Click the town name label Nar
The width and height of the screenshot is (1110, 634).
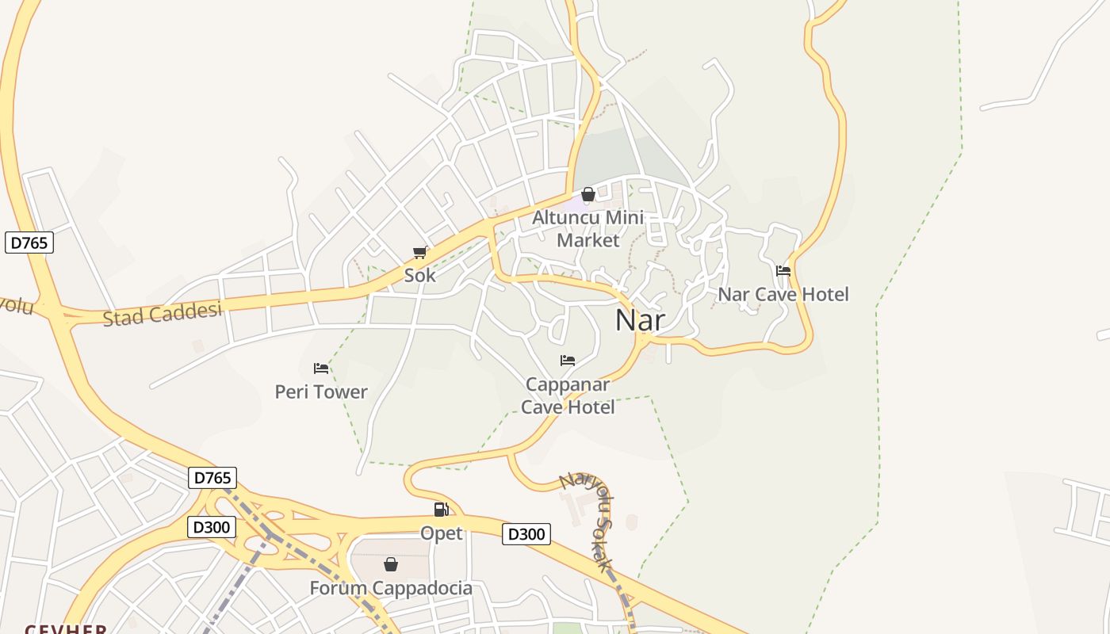coord(640,320)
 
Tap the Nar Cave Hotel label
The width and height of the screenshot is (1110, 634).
coord(783,294)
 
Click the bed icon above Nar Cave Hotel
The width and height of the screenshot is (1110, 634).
coord(783,271)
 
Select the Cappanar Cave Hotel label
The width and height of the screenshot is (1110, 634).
coord(568,395)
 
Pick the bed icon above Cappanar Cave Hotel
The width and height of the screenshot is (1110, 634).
coord(568,361)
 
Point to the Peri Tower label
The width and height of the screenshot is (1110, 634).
coord(321,391)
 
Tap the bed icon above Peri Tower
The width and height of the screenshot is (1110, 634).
coord(321,369)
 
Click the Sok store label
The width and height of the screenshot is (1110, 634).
coord(420,276)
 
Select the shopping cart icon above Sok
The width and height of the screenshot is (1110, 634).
coord(420,253)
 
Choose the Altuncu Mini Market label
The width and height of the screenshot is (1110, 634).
coord(588,228)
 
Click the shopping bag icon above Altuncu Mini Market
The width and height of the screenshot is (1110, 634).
coord(588,194)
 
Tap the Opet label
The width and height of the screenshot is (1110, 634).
coord(442,533)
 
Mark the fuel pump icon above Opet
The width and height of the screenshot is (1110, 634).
coord(442,510)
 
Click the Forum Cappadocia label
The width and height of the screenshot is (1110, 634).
coord(391,588)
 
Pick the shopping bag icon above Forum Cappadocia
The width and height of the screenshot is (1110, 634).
coord(391,564)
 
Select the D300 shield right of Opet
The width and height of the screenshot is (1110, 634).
coord(526,534)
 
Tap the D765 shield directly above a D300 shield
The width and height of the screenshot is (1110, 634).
coord(212,477)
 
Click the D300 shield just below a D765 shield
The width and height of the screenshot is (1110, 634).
coord(212,527)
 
